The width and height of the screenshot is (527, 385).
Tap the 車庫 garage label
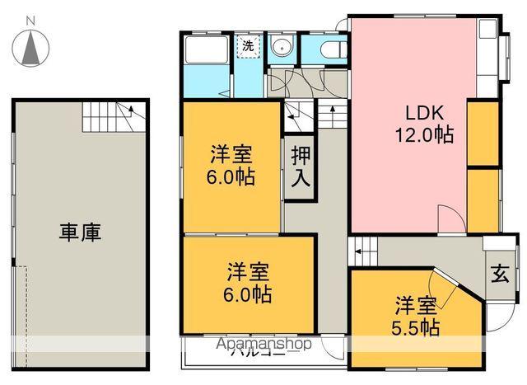[80, 233]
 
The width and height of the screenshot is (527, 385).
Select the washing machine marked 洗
[248, 47]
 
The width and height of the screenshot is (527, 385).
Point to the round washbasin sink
[282, 47]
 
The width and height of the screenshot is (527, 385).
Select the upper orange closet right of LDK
[483, 131]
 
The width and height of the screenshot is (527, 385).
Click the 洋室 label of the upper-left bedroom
[231, 154]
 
